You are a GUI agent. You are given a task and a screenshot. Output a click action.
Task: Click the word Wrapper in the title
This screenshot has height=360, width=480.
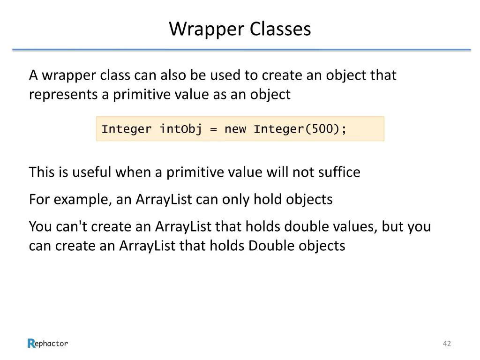207,29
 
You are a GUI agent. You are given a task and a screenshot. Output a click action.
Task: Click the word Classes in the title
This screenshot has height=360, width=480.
280,29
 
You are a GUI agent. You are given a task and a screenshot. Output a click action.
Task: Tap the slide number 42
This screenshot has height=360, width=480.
447,344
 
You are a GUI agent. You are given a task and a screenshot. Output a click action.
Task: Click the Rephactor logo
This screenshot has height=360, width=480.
47,344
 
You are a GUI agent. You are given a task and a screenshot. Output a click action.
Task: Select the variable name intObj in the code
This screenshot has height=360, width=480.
180,129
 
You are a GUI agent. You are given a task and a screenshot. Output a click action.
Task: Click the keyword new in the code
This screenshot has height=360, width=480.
235,129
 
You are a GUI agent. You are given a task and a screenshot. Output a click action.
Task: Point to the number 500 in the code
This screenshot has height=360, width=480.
322,129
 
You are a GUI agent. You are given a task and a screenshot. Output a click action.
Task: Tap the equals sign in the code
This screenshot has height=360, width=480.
213,129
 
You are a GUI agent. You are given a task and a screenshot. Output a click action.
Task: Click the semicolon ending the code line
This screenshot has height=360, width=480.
345,129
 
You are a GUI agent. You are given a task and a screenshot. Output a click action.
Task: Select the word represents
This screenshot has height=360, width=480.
63,95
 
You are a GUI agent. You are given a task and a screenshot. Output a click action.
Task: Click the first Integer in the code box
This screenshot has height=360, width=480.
127,129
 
